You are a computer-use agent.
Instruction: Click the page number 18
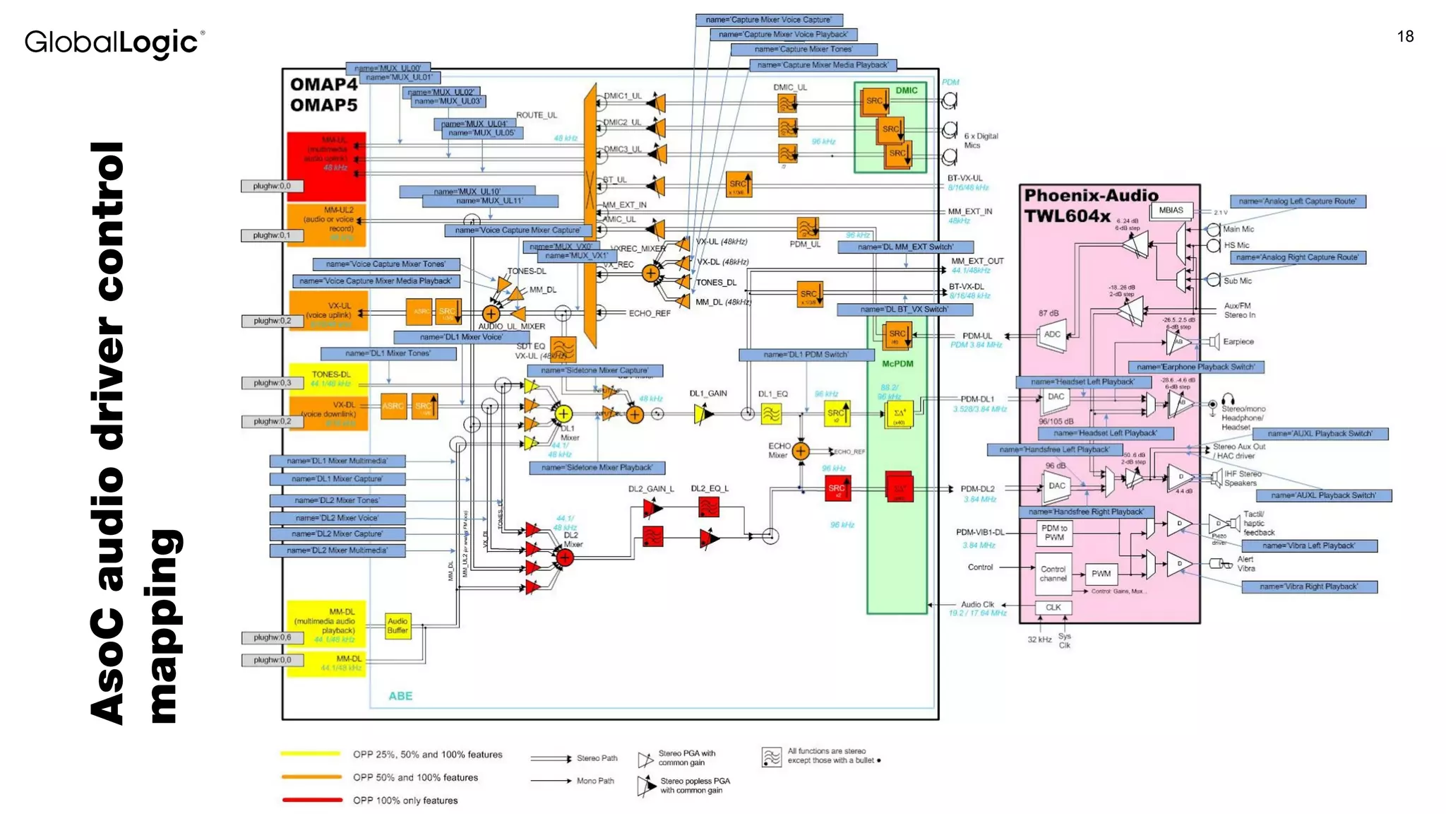coord(1404,37)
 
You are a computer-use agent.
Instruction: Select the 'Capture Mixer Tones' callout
coord(803,49)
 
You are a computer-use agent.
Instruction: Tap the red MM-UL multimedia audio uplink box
coord(326,165)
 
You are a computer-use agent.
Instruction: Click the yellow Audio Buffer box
coord(398,625)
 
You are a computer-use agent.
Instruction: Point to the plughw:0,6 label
coord(272,637)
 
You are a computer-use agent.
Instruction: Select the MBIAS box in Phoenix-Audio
coord(1171,210)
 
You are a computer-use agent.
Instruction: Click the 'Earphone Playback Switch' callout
coord(1195,367)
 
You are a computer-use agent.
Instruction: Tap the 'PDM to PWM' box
coord(1054,533)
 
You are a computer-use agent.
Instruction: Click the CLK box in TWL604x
coord(1053,607)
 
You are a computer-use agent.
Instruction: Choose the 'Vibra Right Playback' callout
coord(1308,586)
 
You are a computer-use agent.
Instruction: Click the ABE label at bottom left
coord(400,696)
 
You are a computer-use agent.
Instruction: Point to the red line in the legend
coord(311,800)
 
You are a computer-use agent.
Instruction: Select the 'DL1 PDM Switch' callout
coord(806,355)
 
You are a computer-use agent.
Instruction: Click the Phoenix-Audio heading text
coord(1091,196)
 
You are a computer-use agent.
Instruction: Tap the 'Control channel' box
coord(1053,574)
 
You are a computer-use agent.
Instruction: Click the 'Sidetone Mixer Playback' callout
coord(597,468)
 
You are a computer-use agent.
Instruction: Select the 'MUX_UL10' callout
coord(467,191)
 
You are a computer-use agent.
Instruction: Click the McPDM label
coord(897,364)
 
